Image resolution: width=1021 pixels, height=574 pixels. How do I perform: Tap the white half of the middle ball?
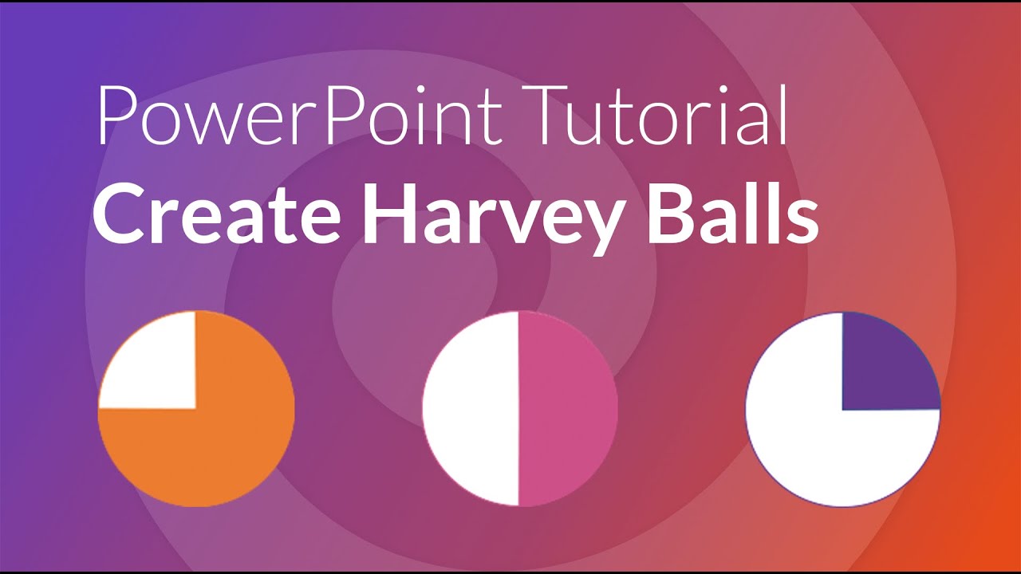pos(471,408)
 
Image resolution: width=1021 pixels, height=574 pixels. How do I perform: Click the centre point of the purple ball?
pos(842,410)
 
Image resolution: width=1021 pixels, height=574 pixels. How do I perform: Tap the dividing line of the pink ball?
pos(518,408)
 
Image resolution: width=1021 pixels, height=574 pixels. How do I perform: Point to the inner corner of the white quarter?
pos(195,408)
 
